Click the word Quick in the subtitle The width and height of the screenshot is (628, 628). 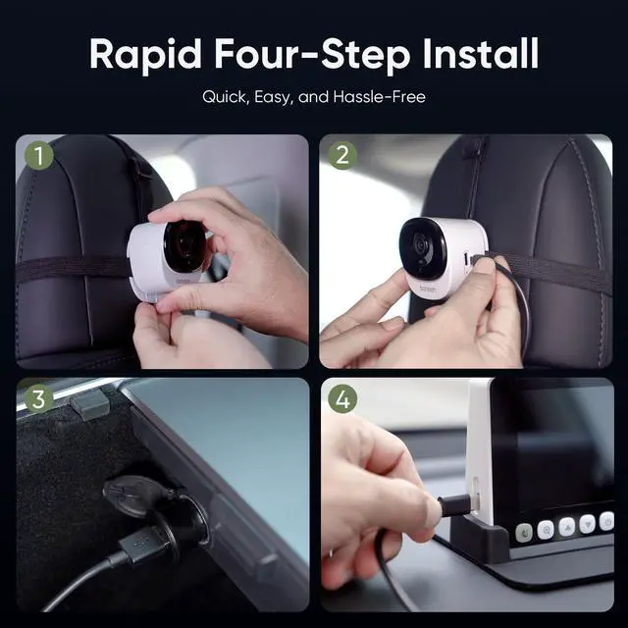pyautogui.click(x=225, y=97)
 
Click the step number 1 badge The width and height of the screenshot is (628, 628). pyautogui.click(x=38, y=155)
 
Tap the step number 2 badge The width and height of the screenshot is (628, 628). pyautogui.click(x=342, y=155)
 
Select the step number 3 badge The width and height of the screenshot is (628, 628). pyautogui.click(x=38, y=399)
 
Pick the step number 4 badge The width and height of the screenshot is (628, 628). pyautogui.click(x=342, y=399)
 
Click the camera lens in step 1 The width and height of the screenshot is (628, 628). pyautogui.click(x=184, y=245)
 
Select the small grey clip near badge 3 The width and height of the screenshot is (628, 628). pyautogui.click(x=89, y=404)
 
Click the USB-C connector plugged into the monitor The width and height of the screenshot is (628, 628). pyautogui.click(x=455, y=507)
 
